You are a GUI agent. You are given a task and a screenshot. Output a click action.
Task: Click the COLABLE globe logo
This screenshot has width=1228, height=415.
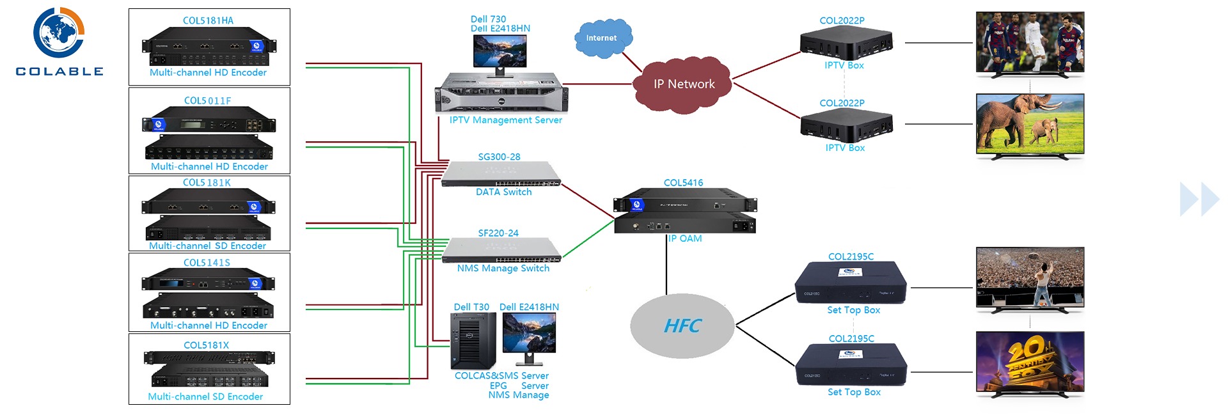[59, 33]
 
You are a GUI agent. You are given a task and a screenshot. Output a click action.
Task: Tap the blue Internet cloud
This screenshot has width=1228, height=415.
[602, 38]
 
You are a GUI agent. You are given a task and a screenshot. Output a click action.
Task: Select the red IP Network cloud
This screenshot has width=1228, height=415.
[683, 84]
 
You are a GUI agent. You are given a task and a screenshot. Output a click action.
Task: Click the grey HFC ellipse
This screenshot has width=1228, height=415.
[682, 326]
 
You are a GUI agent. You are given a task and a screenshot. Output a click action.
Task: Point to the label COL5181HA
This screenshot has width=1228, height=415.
[208, 20]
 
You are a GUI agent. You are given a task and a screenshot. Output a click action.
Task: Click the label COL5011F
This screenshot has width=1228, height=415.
[207, 100]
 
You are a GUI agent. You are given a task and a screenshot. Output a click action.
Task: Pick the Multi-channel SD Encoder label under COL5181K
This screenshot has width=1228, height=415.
[207, 246]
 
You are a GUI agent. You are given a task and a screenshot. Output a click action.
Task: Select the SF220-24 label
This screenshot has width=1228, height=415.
[498, 233]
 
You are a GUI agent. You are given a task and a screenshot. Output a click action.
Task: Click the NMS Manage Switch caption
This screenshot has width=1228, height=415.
[503, 269]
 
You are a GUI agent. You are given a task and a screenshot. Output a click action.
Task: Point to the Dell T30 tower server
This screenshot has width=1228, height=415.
[473, 341]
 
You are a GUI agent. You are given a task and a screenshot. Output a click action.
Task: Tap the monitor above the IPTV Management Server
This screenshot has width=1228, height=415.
[500, 51]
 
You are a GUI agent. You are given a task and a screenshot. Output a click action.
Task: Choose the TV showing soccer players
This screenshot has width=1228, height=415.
[1030, 43]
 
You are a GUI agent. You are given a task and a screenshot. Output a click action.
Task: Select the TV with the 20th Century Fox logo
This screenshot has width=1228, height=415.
[1030, 363]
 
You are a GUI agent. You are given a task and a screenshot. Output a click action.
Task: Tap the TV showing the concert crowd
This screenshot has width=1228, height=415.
[1030, 279]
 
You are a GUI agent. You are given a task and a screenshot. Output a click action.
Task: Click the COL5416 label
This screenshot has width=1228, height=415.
[683, 183]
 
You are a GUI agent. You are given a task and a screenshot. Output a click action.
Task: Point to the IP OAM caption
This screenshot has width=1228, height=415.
[685, 239]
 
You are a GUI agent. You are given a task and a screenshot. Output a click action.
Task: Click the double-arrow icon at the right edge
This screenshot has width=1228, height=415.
[1199, 200]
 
